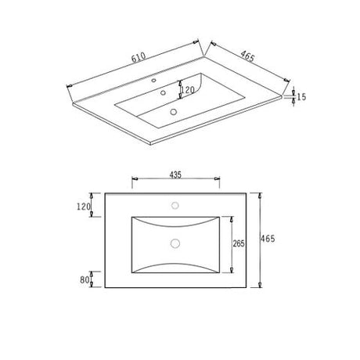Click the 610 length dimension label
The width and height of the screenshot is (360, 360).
coord(139,58)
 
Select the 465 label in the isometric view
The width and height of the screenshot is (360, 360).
coord(247,56)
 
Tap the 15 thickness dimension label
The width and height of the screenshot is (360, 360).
coord(301,97)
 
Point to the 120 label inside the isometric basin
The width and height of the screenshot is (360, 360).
coord(188,90)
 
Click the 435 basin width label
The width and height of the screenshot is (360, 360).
coord(175,175)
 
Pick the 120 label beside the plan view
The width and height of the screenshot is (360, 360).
coord(84,207)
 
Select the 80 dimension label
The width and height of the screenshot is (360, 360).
coord(85,280)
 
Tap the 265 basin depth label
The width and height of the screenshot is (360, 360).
coord(239,243)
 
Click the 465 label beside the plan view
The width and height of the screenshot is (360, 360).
coord(268,239)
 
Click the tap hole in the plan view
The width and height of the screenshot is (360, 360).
coord(175,206)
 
